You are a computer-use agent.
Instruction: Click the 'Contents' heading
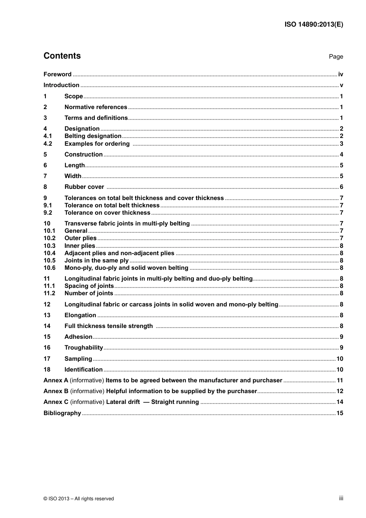coord(62,56)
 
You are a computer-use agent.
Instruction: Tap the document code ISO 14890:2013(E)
coord(314,24)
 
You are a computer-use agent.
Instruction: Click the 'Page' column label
coord(336,57)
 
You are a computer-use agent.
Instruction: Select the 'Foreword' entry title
coord(57,74)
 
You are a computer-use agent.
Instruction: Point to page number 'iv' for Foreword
coord(341,74)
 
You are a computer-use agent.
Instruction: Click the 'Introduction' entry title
coord(61,85)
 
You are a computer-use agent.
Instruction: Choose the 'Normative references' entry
coord(96,107)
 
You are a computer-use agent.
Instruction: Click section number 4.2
coord(48,144)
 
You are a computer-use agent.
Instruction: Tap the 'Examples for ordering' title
coord(97,144)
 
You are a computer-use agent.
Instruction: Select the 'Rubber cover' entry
coord(84,187)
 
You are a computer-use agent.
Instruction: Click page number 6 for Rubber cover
coord(341,187)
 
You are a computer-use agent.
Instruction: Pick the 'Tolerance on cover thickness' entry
coord(107,213)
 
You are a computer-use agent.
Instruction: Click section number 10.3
coord(49,246)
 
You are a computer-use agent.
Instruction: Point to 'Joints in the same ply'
coord(96,261)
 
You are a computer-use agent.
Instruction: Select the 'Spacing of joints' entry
coord(89,286)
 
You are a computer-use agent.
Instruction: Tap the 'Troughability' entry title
coord(84,348)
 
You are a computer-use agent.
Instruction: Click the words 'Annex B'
coord(56,391)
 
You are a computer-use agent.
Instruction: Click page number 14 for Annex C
coord(340,402)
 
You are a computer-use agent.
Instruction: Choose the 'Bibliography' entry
coord(62,413)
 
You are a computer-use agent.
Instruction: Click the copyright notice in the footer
coord(79,499)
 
